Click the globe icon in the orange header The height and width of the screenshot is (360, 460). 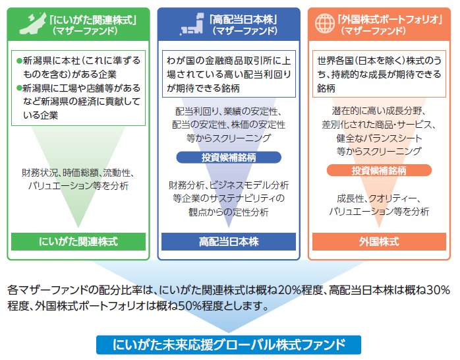click(x=325, y=24)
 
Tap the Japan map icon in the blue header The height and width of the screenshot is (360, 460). click(x=192, y=24)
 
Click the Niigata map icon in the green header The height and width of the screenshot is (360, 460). click(x=33, y=24)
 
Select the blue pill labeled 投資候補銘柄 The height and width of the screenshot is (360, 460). click(x=229, y=158)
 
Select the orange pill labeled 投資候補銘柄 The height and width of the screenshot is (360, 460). click(x=379, y=170)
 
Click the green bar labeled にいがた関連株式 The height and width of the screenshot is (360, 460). click(x=78, y=241)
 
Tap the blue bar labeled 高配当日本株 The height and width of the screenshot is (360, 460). click(x=229, y=241)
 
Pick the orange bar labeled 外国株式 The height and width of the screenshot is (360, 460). click(x=379, y=241)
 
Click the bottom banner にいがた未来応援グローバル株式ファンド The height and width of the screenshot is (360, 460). click(x=229, y=345)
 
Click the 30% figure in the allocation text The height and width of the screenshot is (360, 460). click(x=438, y=290)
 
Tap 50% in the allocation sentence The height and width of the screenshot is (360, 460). click(x=189, y=306)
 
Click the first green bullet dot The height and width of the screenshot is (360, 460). click(x=19, y=61)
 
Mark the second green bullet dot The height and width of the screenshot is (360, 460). click(x=19, y=88)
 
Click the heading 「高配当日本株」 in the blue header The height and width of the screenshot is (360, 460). click(x=243, y=20)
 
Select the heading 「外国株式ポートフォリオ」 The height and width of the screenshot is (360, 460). click(x=389, y=20)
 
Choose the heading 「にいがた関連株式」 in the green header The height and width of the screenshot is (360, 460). click(x=93, y=20)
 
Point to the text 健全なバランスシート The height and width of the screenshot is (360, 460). click(x=379, y=138)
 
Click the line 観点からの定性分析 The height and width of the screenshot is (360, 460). click(x=229, y=212)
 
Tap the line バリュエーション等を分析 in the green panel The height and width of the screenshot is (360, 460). click(x=78, y=186)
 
